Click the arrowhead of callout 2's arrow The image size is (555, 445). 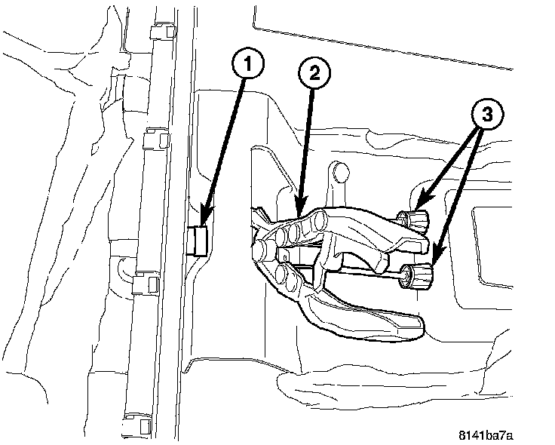tap(298, 212)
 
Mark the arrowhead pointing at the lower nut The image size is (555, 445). tap(433, 266)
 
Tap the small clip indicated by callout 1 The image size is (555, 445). tap(199, 239)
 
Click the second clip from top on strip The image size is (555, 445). tap(155, 140)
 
